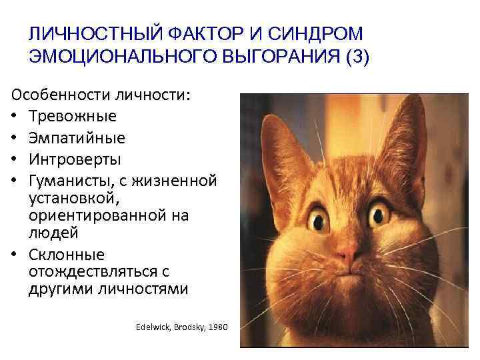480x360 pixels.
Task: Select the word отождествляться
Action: click(x=89, y=273)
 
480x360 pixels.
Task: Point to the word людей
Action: click(x=53, y=233)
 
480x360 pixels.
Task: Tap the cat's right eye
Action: click(x=381, y=214)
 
